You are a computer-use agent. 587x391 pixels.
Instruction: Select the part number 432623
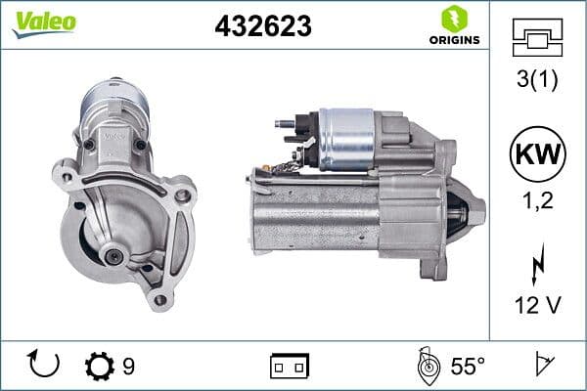pos(262,27)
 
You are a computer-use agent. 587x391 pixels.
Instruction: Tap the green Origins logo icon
pos(453,19)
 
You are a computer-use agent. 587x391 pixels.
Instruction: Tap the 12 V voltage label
pos(537,306)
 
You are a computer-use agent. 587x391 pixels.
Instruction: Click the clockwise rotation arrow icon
pos(45,366)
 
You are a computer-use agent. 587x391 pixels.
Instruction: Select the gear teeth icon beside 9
pos(99,367)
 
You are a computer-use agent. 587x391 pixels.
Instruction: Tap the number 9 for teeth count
pos(128,367)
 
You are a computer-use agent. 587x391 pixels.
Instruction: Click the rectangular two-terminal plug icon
pos(290,367)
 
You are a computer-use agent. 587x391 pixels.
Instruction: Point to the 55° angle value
pos(467,367)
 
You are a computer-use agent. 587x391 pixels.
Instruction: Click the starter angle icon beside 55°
pos(428,366)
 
